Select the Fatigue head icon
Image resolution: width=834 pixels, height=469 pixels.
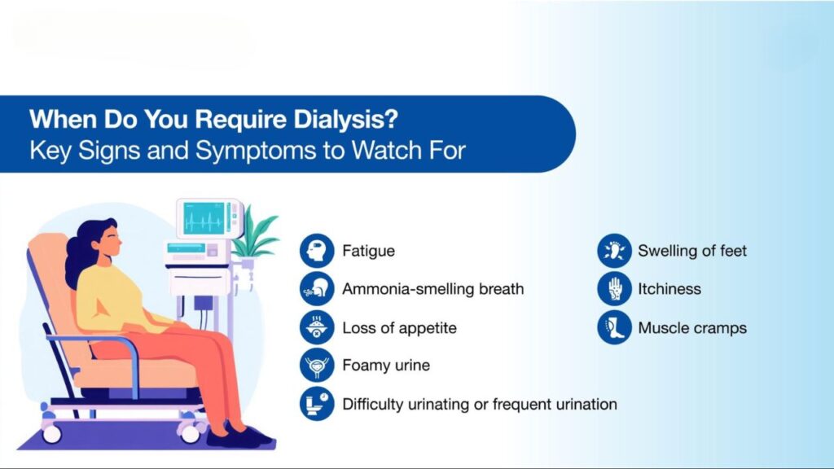[x=317, y=251]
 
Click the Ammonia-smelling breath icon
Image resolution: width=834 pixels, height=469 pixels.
[x=317, y=289]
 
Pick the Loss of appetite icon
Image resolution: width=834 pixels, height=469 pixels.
[x=317, y=327]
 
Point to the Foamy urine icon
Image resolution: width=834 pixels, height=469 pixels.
[x=317, y=366]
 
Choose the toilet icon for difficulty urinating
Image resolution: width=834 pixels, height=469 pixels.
[x=317, y=404]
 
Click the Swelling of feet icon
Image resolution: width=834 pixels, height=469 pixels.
[x=614, y=251]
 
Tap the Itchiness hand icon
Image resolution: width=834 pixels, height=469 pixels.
[x=614, y=289]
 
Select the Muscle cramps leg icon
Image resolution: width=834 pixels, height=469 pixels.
[x=614, y=327]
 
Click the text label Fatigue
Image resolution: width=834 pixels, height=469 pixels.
[x=369, y=251]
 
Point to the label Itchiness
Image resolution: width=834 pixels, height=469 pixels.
[x=669, y=289]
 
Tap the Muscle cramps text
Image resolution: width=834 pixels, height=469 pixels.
[x=692, y=328]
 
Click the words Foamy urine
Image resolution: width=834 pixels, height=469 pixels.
[x=386, y=366]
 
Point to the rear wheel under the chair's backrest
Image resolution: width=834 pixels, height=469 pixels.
[x=51, y=433]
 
